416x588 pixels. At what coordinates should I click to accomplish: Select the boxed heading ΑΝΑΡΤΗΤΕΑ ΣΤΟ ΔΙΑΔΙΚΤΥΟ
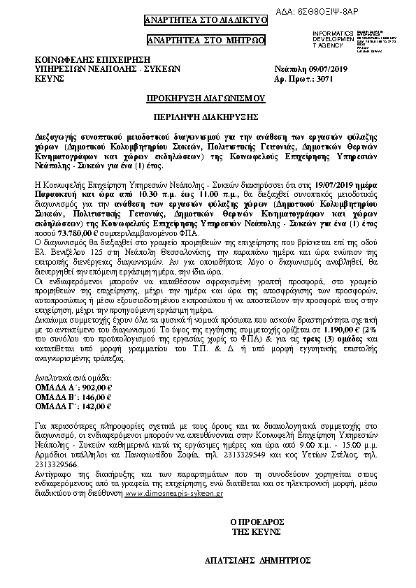(x=206, y=20)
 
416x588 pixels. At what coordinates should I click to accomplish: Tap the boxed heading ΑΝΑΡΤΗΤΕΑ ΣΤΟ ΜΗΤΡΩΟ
(x=206, y=41)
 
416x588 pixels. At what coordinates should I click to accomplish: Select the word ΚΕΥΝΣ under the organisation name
(x=49, y=80)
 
